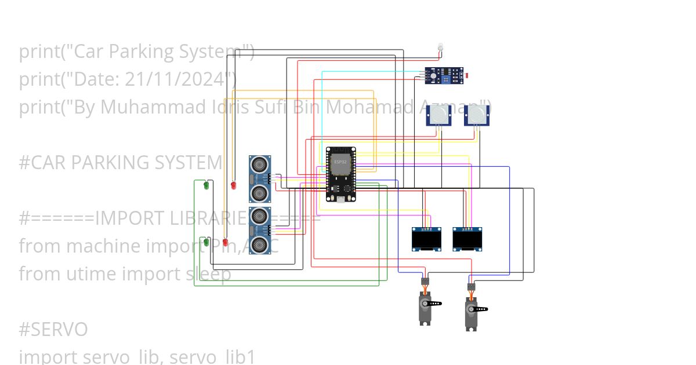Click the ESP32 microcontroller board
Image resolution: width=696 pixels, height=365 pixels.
tap(340, 174)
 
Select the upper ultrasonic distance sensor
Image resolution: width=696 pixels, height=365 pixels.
tap(260, 178)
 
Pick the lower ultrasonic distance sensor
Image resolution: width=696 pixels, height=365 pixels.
tap(260, 230)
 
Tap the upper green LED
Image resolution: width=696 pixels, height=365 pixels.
tap(206, 186)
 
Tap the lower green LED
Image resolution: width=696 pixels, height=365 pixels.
tap(206, 242)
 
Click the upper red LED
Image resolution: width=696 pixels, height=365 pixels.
tap(234, 185)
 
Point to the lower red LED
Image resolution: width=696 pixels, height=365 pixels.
tap(225, 242)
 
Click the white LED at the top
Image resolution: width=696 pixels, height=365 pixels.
tap(440, 47)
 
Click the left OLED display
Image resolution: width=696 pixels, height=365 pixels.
tap(426, 239)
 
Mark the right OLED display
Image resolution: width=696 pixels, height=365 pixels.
tap(467, 239)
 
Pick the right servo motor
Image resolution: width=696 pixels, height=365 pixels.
tap(472, 312)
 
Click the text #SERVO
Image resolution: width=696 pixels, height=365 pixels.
tap(53, 330)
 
